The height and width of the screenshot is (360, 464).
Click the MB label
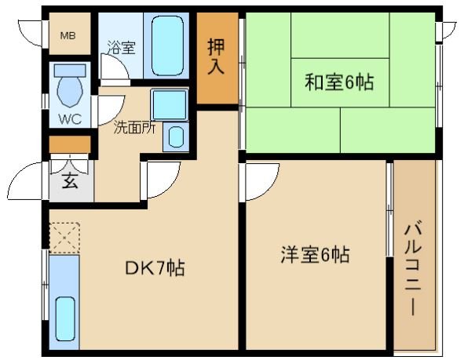(69, 35)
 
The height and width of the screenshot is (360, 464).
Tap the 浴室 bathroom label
(121, 48)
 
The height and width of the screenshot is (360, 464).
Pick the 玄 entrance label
(70, 182)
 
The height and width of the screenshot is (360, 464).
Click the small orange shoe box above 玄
(70, 144)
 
